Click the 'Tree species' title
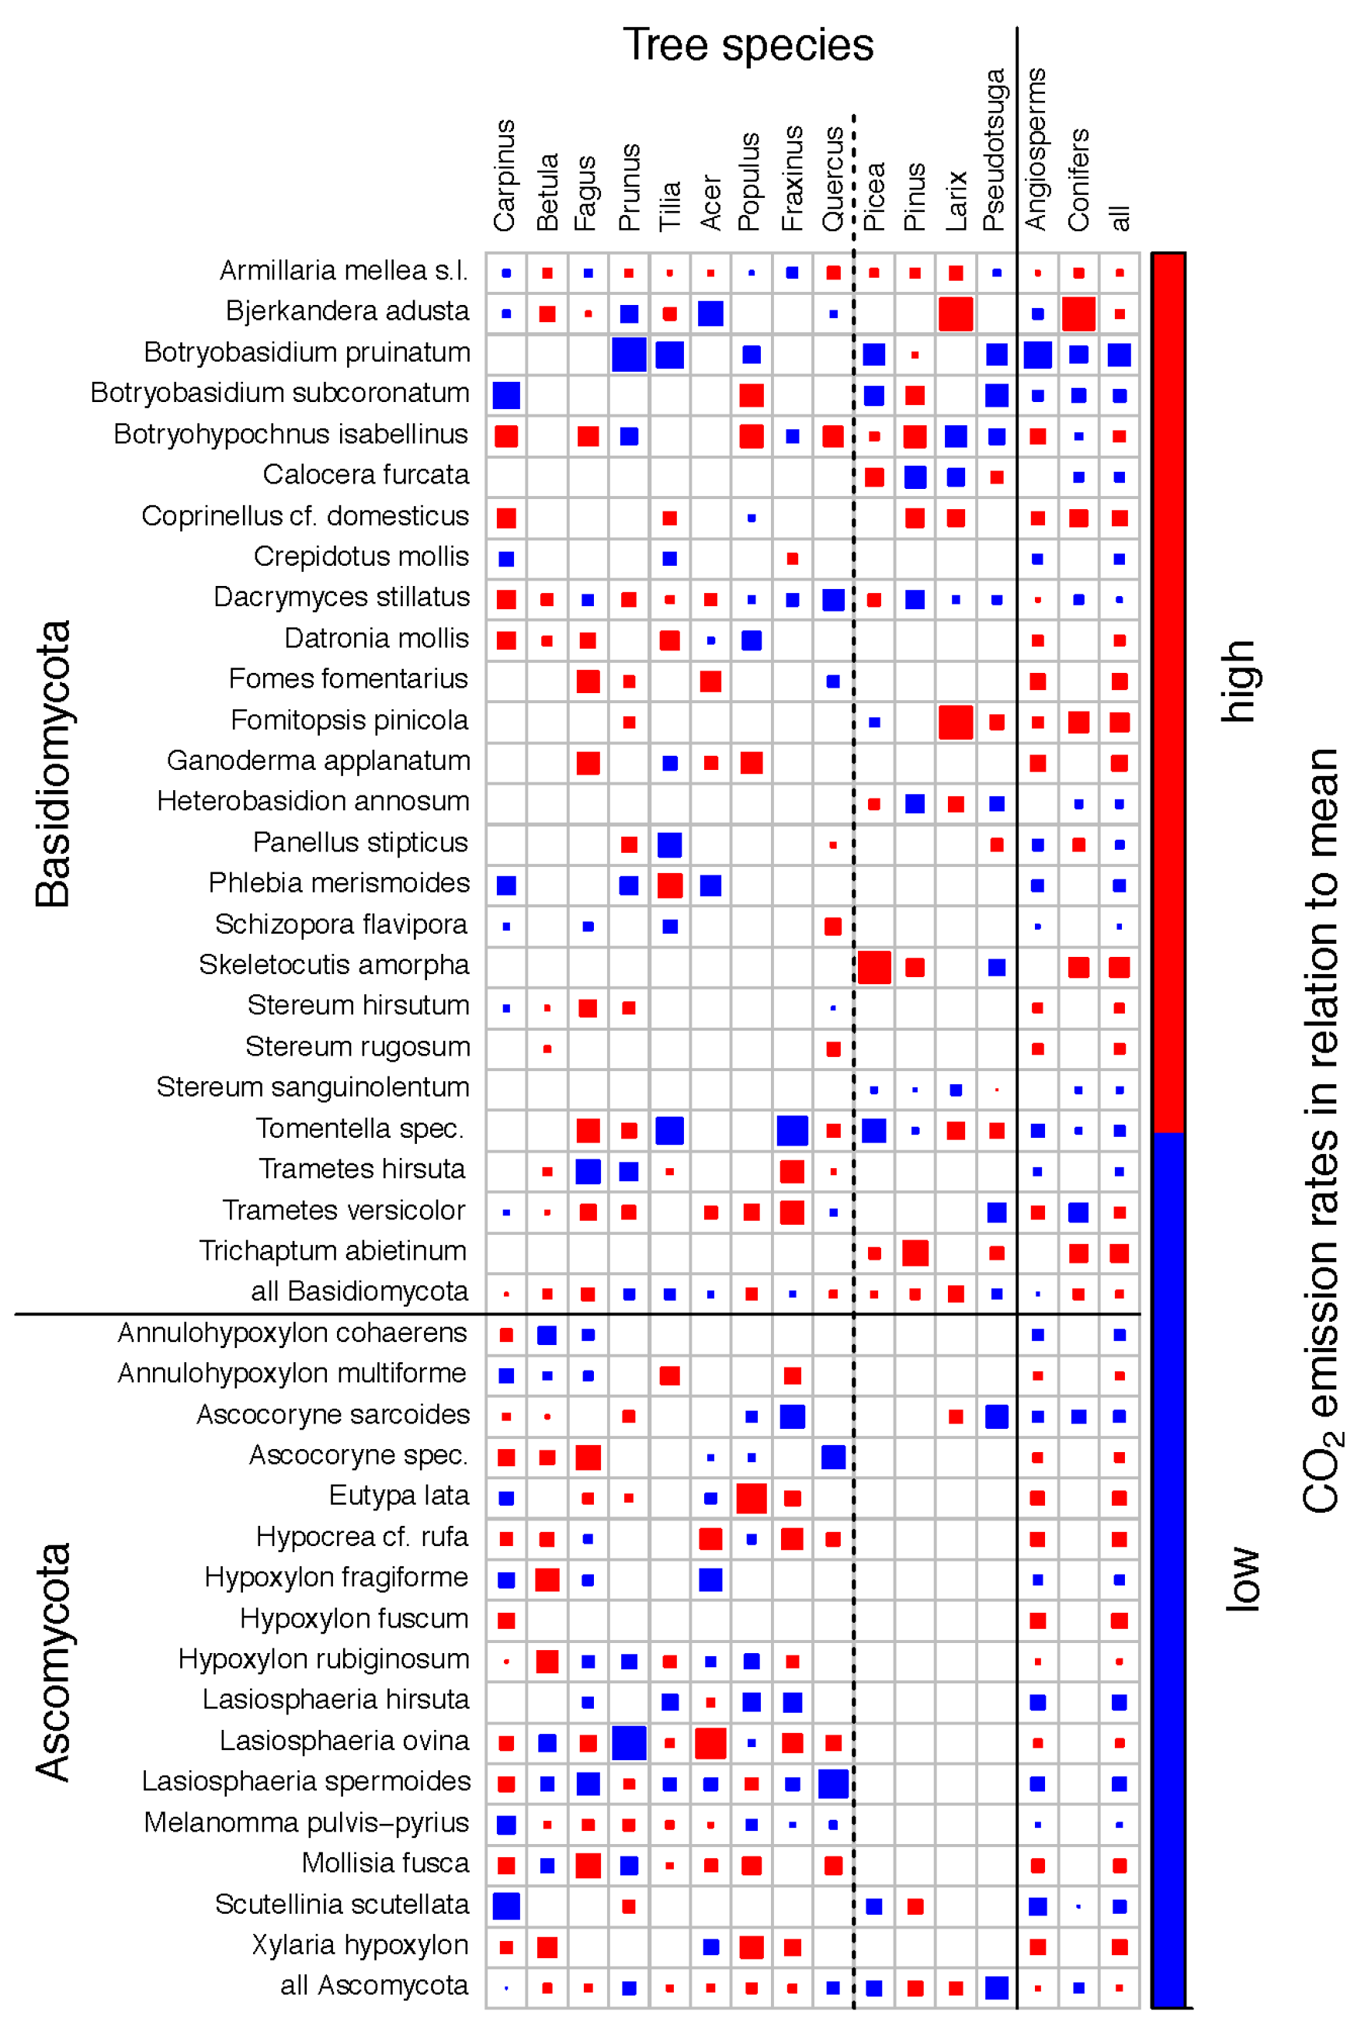pos(748,45)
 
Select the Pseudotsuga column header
pos(994,149)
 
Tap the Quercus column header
pos(832,179)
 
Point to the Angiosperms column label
pos(1036,149)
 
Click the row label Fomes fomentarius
pos(348,678)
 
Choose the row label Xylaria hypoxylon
pos(359,1945)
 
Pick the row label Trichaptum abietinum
pos(332,1250)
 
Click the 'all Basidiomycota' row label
pos(359,1291)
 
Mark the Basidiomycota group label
pos(54,764)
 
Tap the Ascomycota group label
pos(54,1662)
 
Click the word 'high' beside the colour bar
pos(1238,681)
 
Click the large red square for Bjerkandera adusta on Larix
pos(955,314)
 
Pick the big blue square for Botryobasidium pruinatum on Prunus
pos(628,354)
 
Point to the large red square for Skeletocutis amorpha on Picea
pos(873,967)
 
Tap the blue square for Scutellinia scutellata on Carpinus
pos(506,1905)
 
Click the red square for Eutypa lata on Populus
pos(751,1498)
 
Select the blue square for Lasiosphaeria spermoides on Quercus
pos(832,1784)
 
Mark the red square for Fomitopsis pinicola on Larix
pos(955,722)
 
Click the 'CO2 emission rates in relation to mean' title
pos(1321,1128)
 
